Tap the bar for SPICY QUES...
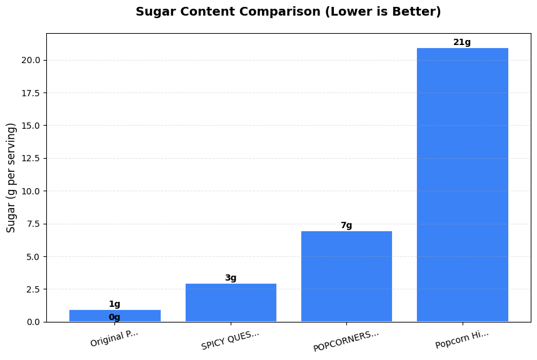[x=231, y=302]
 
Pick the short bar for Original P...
[x=114, y=316]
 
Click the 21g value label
[x=462, y=42]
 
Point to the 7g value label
[x=346, y=226]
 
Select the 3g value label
[x=231, y=278]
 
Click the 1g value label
[x=114, y=304]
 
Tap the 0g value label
[x=114, y=317]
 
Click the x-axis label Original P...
[x=114, y=338]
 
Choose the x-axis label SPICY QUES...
[x=230, y=340]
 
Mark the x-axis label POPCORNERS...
[x=346, y=341]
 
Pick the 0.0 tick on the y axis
[x=33, y=322]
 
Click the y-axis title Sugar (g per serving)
[x=11, y=177]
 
